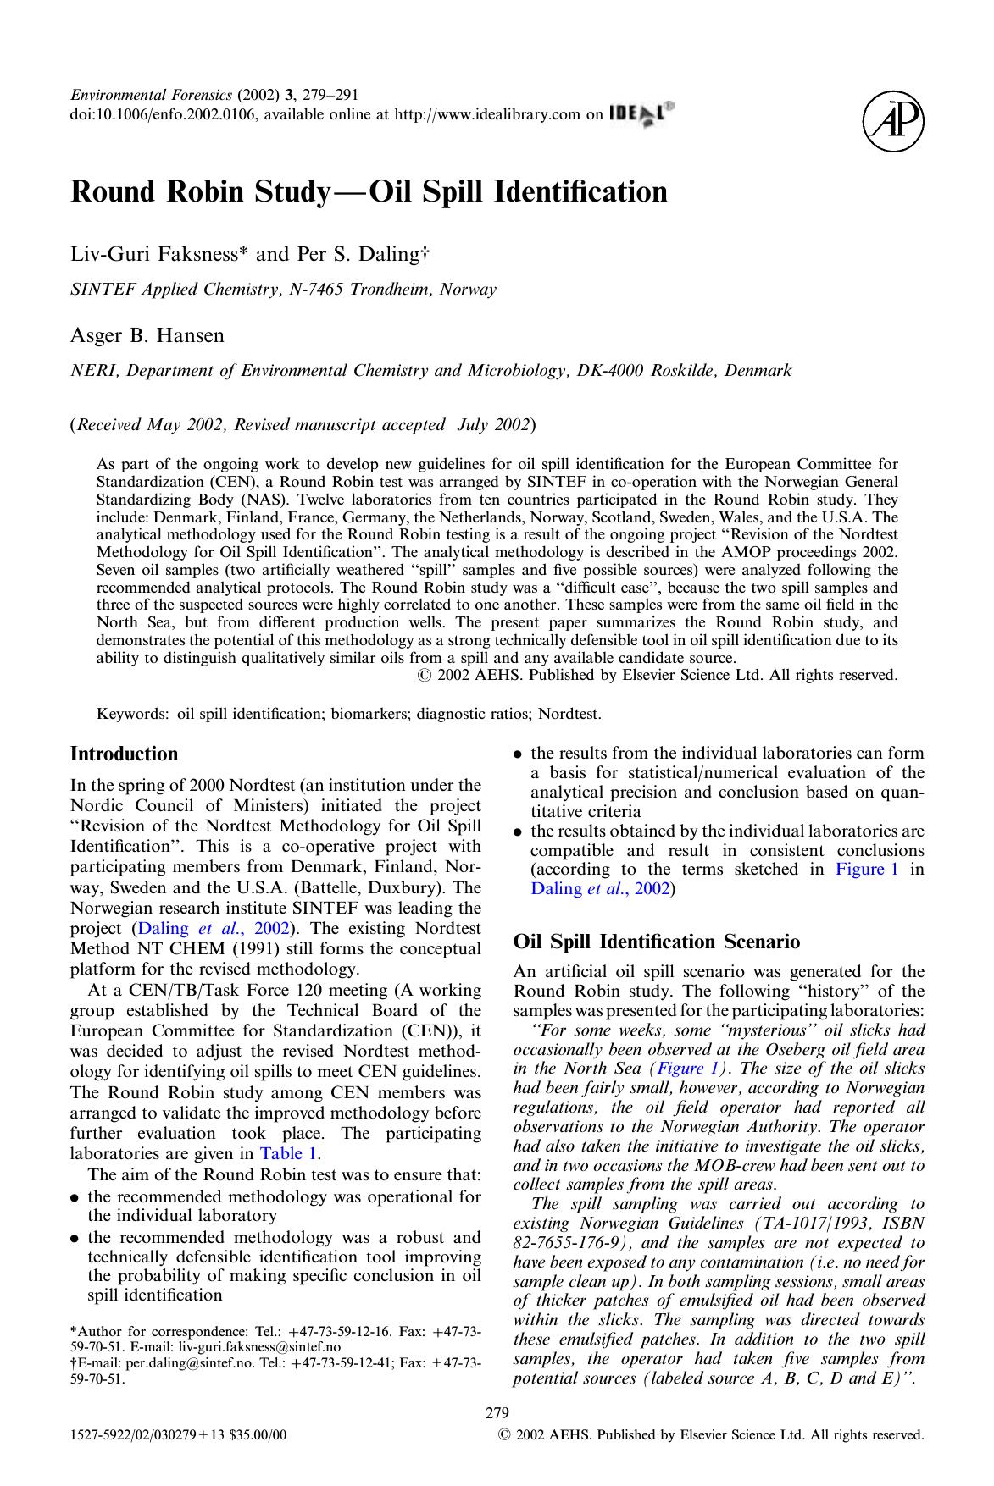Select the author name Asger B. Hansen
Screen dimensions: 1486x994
147,335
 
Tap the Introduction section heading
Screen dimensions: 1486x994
124,754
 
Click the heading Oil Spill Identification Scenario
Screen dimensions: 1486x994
656,942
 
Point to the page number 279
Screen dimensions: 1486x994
496,1412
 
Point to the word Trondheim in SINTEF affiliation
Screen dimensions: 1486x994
392,289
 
